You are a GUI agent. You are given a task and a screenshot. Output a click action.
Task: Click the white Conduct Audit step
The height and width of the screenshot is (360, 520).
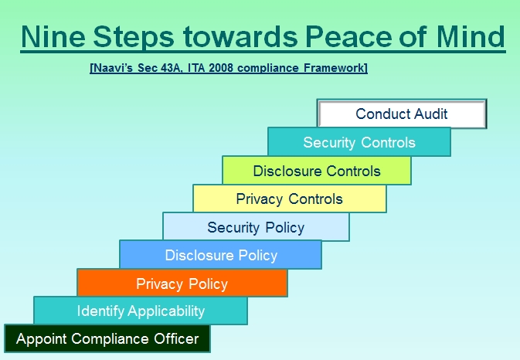pos(402,114)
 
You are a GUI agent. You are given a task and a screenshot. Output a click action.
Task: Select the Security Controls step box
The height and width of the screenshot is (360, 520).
pos(359,142)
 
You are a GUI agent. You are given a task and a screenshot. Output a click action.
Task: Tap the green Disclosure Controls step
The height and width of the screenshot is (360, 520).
pos(317,171)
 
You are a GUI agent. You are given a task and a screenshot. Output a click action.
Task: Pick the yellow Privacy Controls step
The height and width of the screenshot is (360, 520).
pos(290,199)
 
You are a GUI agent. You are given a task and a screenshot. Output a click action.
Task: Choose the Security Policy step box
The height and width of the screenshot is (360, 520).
pos(256,227)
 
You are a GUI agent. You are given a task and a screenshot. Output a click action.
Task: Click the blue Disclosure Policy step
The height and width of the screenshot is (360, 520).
pos(220,255)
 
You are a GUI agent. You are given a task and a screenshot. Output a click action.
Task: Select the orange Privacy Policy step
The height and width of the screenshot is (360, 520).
pos(182,283)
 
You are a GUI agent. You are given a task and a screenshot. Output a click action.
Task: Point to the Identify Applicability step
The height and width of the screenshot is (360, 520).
pos(141,311)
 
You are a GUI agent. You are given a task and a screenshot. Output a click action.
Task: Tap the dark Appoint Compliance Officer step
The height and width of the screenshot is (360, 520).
pos(107,338)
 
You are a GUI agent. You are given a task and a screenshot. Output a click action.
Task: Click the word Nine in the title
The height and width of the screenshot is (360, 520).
pos(53,36)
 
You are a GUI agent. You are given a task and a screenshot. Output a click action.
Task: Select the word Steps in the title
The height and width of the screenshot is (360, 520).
pos(134,37)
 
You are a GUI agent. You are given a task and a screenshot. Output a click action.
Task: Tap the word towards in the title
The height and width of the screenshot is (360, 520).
pos(240,36)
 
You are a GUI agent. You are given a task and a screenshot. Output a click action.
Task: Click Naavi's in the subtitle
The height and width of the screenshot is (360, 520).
pos(113,68)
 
